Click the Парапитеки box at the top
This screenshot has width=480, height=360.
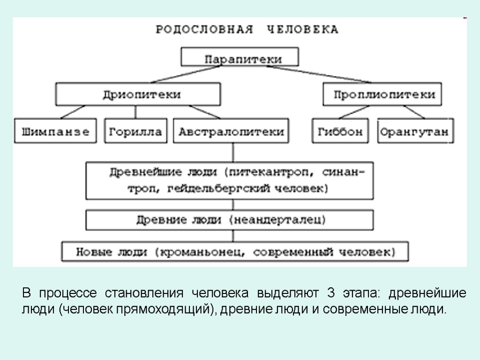(240, 57)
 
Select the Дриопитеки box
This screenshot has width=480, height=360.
(138, 94)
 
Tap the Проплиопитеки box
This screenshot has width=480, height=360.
(382, 94)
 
